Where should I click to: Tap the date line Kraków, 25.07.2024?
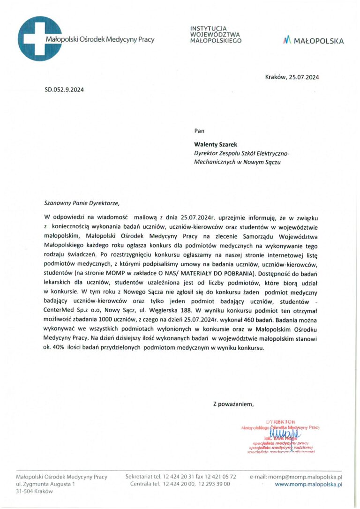tap(292, 77)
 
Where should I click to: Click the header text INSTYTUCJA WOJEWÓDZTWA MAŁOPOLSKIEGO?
tap(216, 35)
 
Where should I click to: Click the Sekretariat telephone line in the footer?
tap(180, 477)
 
